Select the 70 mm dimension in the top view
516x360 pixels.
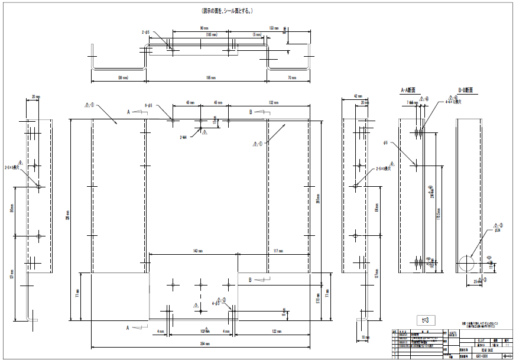coord(291,77)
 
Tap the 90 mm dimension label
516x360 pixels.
coord(204,28)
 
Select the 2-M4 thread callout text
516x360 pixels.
coord(183,137)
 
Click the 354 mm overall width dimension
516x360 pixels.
coord(199,343)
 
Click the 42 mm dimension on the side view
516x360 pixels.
coord(356,95)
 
